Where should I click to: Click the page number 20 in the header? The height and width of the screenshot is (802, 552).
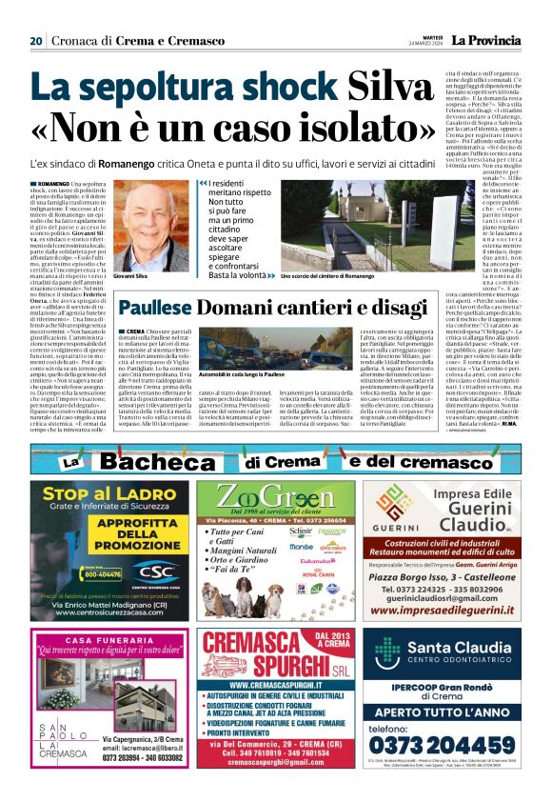36,41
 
